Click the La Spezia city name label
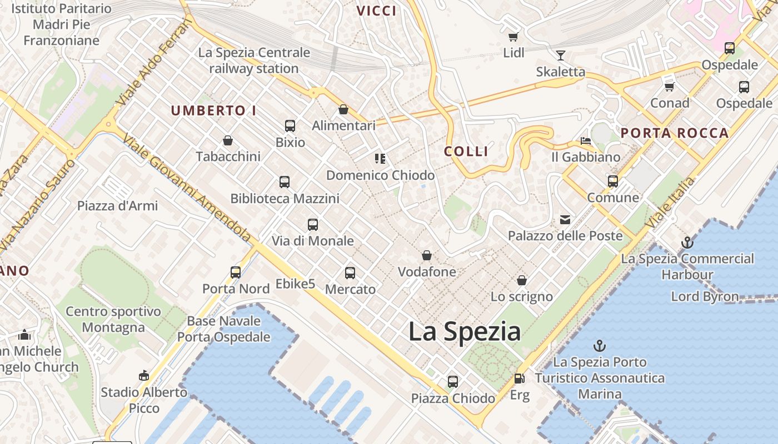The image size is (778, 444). click(464, 331)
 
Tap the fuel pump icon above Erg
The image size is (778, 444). click(519, 379)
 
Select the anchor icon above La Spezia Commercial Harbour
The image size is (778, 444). click(687, 243)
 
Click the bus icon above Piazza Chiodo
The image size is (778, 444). click(453, 382)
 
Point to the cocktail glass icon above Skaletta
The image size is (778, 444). click(560, 56)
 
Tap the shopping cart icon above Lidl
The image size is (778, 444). click(513, 37)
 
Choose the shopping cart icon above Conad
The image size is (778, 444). click(670, 87)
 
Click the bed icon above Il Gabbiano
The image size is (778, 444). click(586, 141)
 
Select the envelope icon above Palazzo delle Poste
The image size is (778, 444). click(565, 220)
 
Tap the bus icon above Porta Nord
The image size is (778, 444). click(236, 273)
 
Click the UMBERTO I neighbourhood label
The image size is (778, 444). click(213, 110)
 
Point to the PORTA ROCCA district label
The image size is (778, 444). click(674, 133)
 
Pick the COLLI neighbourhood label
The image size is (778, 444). click(466, 152)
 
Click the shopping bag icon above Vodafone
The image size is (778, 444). click(427, 255)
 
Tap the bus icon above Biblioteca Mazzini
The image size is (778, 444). click(285, 182)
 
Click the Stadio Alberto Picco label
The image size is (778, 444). click(144, 400)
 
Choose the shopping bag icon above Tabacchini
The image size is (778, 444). click(228, 140)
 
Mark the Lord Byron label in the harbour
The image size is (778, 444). click(705, 296)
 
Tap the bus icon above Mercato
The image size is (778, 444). click(350, 273)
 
